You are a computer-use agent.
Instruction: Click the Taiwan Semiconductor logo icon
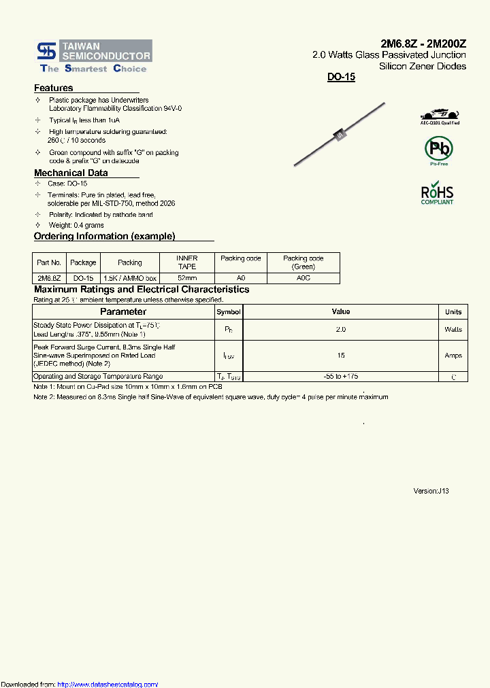tap(47, 51)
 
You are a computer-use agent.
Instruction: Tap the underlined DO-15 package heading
tap(341, 78)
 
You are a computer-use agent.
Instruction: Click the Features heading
tap(54, 88)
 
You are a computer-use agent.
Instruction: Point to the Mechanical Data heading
tap(71, 173)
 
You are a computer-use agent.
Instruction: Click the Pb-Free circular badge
tap(438, 149)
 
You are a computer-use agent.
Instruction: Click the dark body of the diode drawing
tap(338, 136)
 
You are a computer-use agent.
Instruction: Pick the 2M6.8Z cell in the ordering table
tap(49, 278)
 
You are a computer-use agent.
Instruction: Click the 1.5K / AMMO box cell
tap(129, 278)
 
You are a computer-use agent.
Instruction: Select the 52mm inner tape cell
tap(186, 278)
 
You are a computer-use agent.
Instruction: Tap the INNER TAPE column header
tap(186, 262)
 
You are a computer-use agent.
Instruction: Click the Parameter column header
tap(123, 311)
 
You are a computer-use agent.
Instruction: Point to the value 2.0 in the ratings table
tap(340, 329)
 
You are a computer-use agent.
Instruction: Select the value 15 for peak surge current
tap(340, 356)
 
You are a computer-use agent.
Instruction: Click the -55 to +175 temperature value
tap(340, 376)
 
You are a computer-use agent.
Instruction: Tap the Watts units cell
tap(453, 329)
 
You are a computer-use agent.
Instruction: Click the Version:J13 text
tap(431, 491)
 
